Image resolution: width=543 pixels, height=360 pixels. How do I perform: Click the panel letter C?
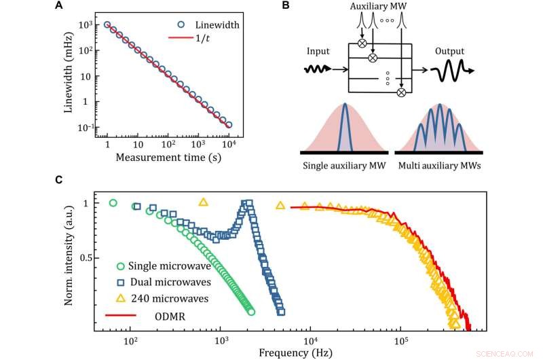(58, 180)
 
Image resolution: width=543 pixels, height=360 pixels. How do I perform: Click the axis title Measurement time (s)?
(167, 158)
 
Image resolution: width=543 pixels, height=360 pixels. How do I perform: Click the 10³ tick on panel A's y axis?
(88, 24)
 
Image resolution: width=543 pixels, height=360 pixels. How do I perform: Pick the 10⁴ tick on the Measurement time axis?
(229, 145)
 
